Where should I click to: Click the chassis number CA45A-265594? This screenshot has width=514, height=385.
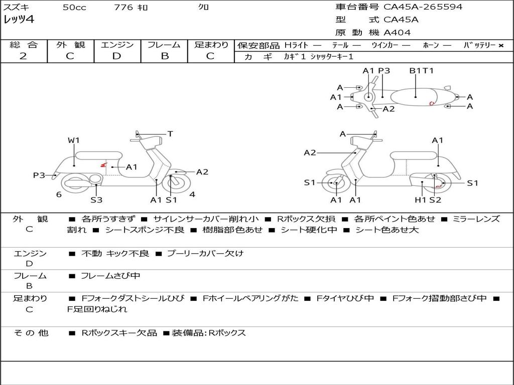(423, 7)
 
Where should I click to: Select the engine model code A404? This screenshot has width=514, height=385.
(397, 33)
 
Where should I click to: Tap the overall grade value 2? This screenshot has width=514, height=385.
(23, 56)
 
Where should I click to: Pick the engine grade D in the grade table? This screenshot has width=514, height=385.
(117, 56)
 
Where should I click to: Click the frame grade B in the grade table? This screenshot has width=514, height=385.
(164, 56)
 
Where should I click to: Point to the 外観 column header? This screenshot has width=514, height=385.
(70, 45)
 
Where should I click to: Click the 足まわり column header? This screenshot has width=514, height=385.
(211, 45)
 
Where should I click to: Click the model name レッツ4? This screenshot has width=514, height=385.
(19, 20)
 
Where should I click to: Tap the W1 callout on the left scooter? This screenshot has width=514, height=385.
(74, 140)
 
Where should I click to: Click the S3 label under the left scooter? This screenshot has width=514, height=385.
(96, 200)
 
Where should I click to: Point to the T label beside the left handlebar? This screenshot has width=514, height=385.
(170, 134)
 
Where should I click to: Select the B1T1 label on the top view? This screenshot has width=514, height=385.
(421, 71)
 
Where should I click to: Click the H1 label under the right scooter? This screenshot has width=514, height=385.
(421, 200)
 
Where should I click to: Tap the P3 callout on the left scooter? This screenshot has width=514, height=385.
(39, 175)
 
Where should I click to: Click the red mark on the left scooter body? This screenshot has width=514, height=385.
(103, 164)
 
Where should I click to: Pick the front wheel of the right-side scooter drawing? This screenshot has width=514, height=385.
(335, 183)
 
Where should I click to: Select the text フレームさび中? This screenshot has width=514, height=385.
(110, 276)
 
